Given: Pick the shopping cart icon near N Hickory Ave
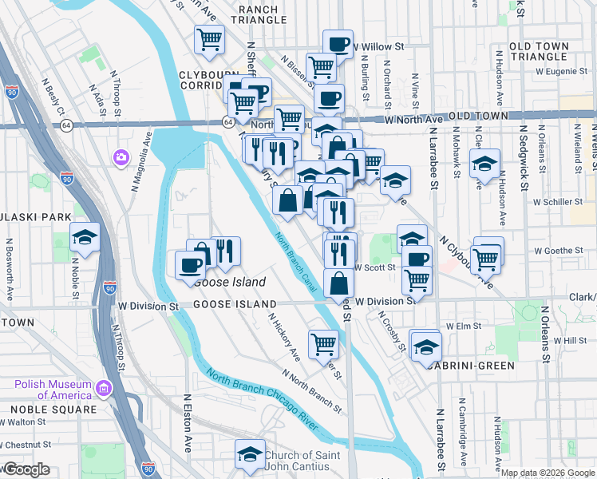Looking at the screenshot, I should pyautogui.click(x=323, y=344).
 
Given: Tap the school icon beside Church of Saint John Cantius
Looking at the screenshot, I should pyautogui.click(x=250, y=454).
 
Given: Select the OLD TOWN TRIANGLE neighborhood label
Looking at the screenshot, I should pyautogui.click(x=538, y=51).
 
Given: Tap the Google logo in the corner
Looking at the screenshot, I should pyautogui.click(x=26, y=469).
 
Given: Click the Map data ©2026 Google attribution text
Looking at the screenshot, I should pyautogui.click(x=548, y=473).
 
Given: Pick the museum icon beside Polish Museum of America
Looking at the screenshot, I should pyautogui.click(x=103, y=389).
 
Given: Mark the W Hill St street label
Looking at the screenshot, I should pyautogui.click(x=565, y=341).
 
